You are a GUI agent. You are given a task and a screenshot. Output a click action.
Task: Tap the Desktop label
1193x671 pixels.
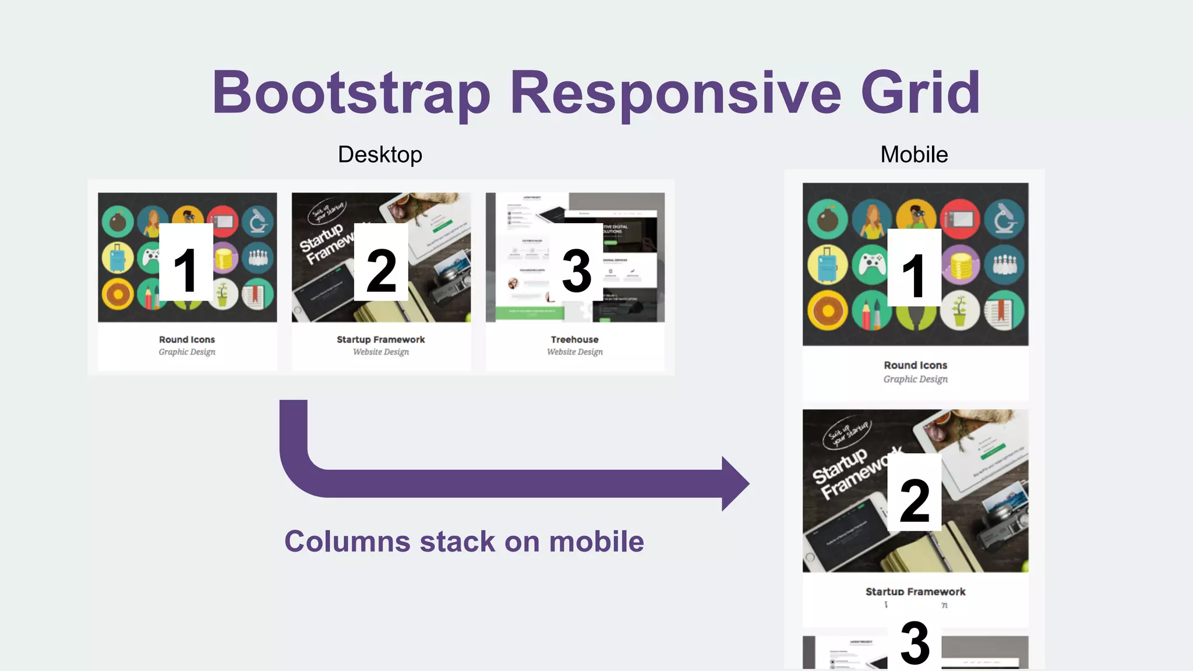click(x=380, y=154)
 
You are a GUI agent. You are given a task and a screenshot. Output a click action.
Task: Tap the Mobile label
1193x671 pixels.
click(x=914, y=154)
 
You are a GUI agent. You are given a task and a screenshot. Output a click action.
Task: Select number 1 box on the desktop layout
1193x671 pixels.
click(x=186, y=262)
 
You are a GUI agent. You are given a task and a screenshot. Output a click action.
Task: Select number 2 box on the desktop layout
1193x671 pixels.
click(x=381, y=262)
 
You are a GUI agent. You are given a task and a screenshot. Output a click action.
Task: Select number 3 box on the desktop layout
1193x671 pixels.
click(x=576, y=262)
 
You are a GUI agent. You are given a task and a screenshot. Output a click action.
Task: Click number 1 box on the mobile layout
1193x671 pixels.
click(x=914, y=267)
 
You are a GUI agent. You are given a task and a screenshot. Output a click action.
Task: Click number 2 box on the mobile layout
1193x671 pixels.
click(x=914, y=492)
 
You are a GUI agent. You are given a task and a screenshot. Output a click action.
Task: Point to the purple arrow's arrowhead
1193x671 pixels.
click(x=735, y=483)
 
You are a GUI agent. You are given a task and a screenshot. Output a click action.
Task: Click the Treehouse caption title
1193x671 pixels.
click(x=574, y=339)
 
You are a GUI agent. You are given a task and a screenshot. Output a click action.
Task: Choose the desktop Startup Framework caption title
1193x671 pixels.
click(x=380, y=339)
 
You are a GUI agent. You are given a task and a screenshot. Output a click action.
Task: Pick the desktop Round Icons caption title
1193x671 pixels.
click(x=187, y=339)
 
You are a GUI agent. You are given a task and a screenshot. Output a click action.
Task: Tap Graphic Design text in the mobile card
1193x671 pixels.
click(x=915, y=379)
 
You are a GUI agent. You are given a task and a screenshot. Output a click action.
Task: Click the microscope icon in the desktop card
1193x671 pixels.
click(x=258, y=222)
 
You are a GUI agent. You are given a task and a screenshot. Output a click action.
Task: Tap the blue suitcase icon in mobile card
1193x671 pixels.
click(x=827, y=264)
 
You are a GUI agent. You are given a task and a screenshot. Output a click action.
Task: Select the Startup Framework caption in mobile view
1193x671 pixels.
click(x=915, y=591)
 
